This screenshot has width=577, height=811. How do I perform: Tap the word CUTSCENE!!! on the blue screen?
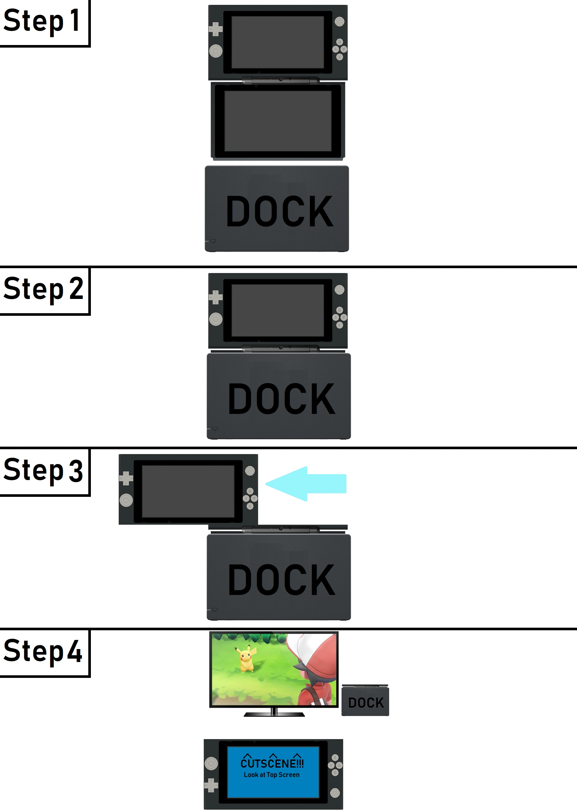point(272,763)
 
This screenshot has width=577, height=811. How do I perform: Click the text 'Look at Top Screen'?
point(271,775)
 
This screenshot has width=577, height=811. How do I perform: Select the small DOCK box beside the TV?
point(365,702)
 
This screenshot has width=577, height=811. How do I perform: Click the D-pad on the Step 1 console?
point(215,29)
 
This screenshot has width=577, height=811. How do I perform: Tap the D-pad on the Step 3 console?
point(126,478)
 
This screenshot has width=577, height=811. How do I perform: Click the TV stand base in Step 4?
point(274,714)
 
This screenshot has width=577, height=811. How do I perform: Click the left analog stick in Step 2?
point(216,319)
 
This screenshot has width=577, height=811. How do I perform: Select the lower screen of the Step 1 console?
point(278,121)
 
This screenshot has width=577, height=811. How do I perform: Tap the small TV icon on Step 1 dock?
point(213,241)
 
